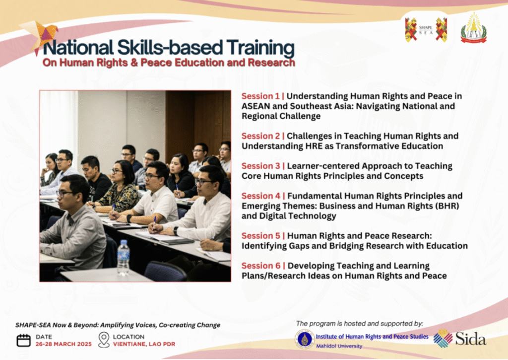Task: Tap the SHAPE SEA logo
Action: [426, 30]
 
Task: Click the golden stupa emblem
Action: [474, 28]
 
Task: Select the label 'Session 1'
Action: [260, 96]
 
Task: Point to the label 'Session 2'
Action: [261, 136]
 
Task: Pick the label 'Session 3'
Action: [261, 166]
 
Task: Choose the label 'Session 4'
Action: [261, 196]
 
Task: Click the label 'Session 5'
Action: [261, 236]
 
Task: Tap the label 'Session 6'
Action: [261, 266]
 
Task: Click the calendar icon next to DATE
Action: [24, 340]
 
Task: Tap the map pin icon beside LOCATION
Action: [104, 340]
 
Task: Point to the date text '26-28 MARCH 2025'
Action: [63, 344]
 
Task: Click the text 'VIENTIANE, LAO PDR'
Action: [144, 344]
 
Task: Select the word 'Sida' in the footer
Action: [471, 339]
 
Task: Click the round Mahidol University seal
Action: [305, 339]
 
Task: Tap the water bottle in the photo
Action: [123, 258]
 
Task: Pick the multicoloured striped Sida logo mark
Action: [443, 338]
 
